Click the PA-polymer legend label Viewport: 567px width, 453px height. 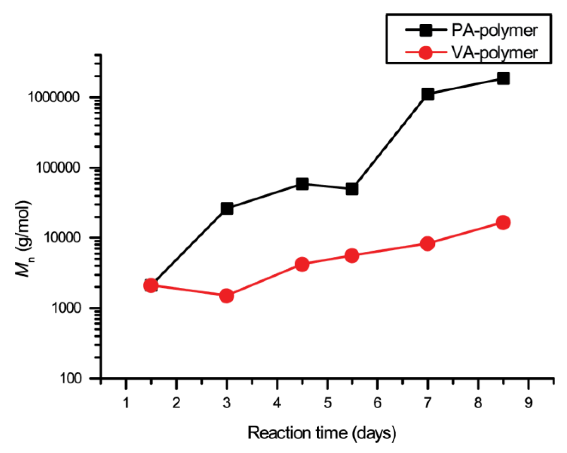click(494, 30)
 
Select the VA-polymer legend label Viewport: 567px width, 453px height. click(494, 53)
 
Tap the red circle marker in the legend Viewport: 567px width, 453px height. click(426, 53)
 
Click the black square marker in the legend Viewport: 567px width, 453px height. click(426, 30)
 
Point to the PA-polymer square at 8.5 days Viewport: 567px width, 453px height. click(503, 78)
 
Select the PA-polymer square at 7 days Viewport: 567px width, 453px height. click(428, 94)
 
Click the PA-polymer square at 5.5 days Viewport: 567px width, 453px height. click(352, 189)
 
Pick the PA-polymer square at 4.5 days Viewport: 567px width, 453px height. click(302, 184)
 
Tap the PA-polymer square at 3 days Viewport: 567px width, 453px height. click(227, 209)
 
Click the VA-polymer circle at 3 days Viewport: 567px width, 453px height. click(226, 296)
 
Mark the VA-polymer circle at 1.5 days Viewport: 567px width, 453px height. click(151, 285)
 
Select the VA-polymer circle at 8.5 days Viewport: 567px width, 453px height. click(503, 222)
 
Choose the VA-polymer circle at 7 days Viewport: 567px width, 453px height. click(427, 244)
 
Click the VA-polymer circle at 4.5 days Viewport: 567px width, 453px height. click(302, 264)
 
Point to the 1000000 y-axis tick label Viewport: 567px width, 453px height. click(53, 97)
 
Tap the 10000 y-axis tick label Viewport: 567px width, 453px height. click(61, 238)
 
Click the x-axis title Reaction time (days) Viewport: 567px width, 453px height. click(322, 433)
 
